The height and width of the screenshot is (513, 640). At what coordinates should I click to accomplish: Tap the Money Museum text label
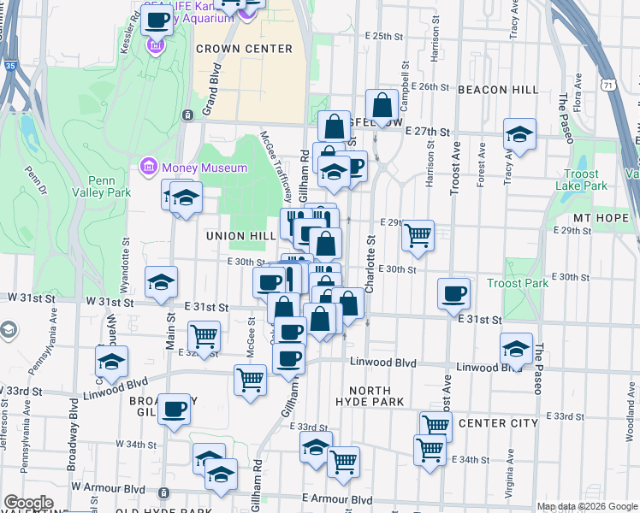click(x=205, y=168)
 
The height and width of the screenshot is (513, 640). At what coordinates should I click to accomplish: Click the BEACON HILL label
click(x=498, y=89)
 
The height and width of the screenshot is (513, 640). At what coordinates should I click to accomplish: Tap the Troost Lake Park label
click(x=581, y=180)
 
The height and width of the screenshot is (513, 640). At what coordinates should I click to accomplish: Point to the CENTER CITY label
click(x=501, y=423)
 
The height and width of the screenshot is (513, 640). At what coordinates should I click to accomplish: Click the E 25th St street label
click(x=382, y=37)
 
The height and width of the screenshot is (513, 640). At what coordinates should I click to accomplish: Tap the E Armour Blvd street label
click(x=337, y=499)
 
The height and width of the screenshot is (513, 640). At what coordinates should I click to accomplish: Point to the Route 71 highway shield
click(x=606, y=84)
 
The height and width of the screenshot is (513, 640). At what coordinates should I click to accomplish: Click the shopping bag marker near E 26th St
click(x=382, y=106)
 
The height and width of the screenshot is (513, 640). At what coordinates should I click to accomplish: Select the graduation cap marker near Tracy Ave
click(x=519, y=135)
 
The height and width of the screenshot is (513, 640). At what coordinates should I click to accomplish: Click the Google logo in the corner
click(x=28, y=504)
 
